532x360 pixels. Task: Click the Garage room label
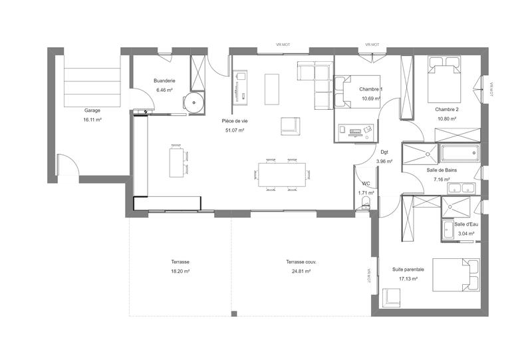click(92, 110)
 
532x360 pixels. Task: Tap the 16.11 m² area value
click(92, 120)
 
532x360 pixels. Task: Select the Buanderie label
click(164, 81)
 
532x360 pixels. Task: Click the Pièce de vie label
click(235, 121)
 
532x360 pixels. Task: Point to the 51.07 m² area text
click(235, 130)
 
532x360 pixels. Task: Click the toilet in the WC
click(364, 208)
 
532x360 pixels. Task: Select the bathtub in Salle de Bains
click(460, 154)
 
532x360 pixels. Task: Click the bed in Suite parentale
click(456, 274)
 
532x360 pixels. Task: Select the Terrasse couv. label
click(301, 262)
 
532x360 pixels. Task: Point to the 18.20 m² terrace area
click(180, 271)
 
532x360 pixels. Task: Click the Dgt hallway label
click(384, 152)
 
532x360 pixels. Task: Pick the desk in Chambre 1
click(356, 130)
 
